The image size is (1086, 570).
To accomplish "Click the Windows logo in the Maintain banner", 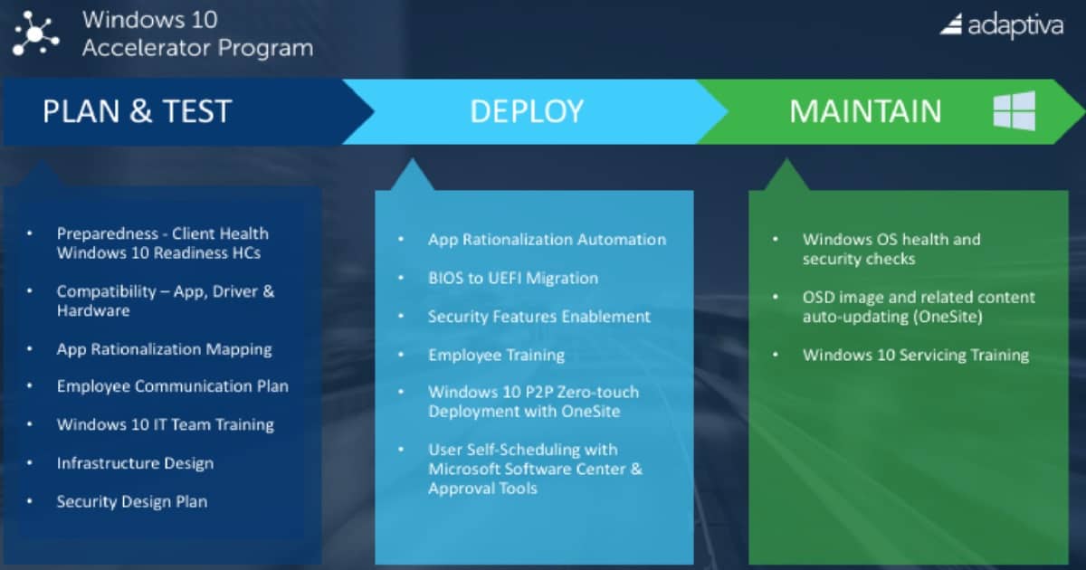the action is (x=1015, y=110).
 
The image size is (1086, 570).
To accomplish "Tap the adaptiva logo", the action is (x=1002, y=25).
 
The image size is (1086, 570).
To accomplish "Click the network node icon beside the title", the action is (x=35, y=33).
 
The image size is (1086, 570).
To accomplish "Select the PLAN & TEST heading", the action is (x=138, y=111).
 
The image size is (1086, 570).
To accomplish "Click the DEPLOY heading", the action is (x=527, y=111).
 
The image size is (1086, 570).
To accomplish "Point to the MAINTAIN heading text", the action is (x=865, y=111).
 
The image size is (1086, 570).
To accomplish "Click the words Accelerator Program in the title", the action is (x=198, y=48).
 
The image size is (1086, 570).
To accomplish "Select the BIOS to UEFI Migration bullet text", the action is (x=513, y=279).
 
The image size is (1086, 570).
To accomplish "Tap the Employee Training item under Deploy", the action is (x=497, y=356).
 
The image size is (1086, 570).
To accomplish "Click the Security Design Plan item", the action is (x=132, y=501).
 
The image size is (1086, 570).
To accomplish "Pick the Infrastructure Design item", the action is (x=135, y=463).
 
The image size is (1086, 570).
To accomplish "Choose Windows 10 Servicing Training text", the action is (x=916, y=356).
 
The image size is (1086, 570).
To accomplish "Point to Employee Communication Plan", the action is (x=173, y=386).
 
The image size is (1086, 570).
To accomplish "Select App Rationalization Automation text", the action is (x=547, y=240).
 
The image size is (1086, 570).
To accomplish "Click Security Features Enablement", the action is (x=539, y=317).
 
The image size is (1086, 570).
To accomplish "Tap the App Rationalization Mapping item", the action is (x=165, y=350).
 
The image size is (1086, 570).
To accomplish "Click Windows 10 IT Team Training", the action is (x=166, y=424).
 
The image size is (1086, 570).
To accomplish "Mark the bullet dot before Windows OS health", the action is (x=776, y=239).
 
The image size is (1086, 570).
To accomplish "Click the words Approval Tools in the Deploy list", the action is (x=483, y=489).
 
